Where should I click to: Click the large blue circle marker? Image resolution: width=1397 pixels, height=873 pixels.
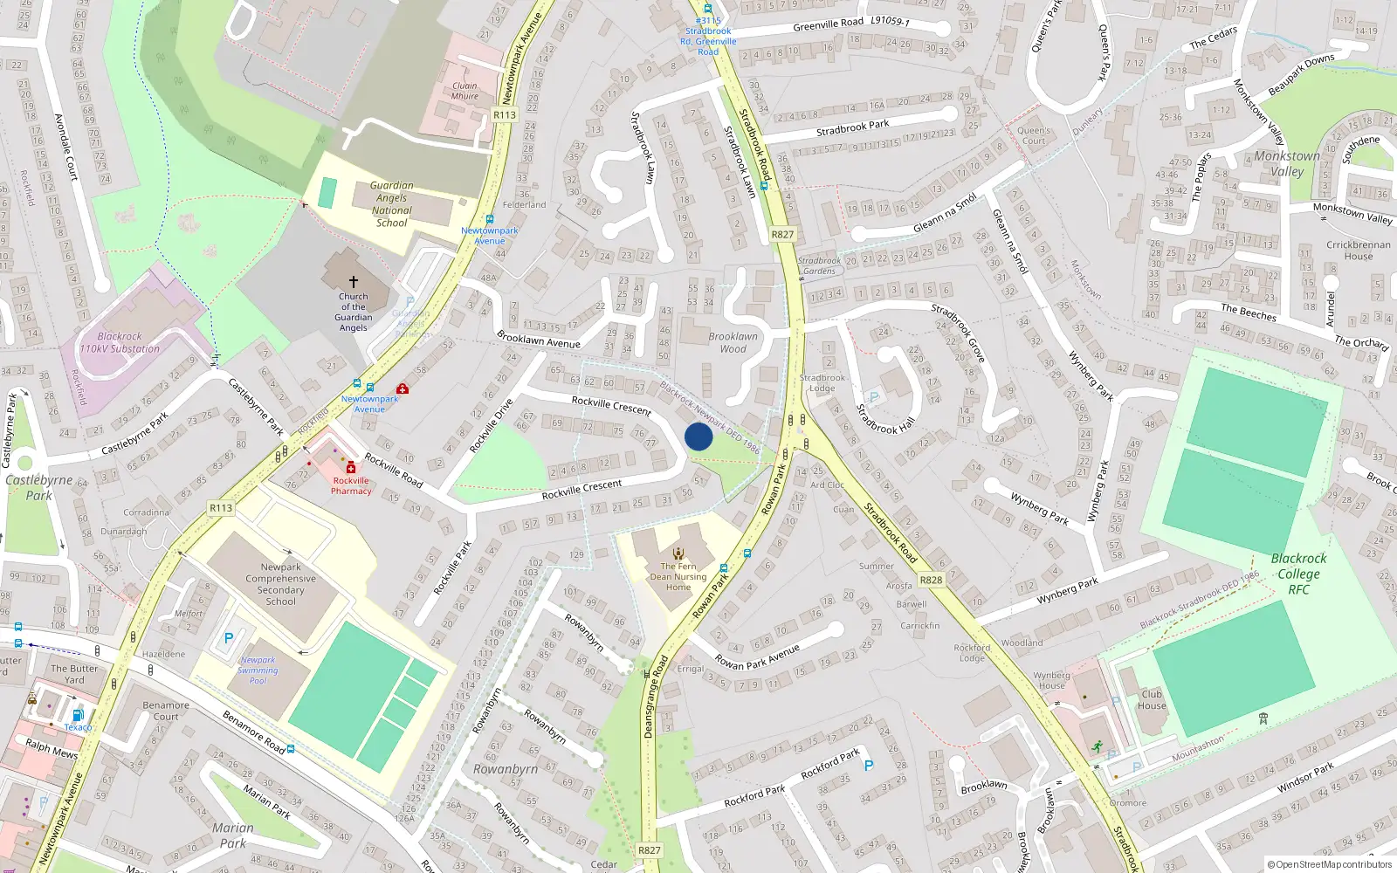tap(698, 436)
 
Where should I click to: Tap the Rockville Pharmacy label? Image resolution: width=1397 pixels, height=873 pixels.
tap(351, 485)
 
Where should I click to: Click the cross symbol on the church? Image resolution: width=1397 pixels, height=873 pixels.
tap(354, 282)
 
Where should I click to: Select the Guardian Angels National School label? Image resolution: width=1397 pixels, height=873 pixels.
tap(392, 204)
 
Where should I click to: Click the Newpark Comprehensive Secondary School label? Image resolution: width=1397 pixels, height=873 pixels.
tap(280, 584)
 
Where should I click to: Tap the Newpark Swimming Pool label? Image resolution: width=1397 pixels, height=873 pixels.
tap(258, 670)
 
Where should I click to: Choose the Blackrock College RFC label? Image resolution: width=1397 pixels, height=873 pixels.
tap(1298, 574)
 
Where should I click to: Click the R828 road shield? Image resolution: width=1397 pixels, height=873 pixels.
tap(932, 580)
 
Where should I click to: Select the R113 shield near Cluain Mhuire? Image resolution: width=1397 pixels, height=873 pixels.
tap(505, 114)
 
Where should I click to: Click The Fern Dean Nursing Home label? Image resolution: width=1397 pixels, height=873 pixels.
tap(678, 576)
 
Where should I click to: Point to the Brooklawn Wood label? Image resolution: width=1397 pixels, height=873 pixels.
tap(733, 342)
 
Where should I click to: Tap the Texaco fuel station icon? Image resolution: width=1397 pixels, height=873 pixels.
tap(78, 715)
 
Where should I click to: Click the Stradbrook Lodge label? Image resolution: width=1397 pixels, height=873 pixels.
tap(822, 383)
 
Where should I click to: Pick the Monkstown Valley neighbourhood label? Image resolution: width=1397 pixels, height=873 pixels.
tap(1287, 163)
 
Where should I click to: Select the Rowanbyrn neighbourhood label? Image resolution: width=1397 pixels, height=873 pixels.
tap(506, 769)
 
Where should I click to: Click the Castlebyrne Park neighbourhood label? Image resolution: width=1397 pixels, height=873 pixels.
tap(38, 487)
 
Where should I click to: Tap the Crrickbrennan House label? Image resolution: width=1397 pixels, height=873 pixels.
tap(1359, 250)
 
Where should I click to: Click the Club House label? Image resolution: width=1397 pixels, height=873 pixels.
tap(1152, 699)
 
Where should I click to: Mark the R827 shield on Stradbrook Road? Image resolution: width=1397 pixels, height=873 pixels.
tap(783, 234)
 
